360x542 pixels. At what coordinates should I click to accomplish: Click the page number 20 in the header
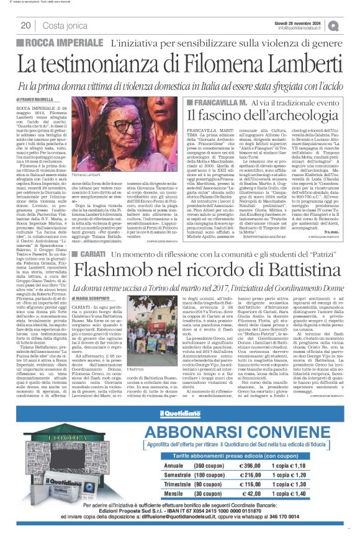[x=25, y=25]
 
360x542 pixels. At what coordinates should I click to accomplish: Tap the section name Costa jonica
[x=63, y=25]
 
